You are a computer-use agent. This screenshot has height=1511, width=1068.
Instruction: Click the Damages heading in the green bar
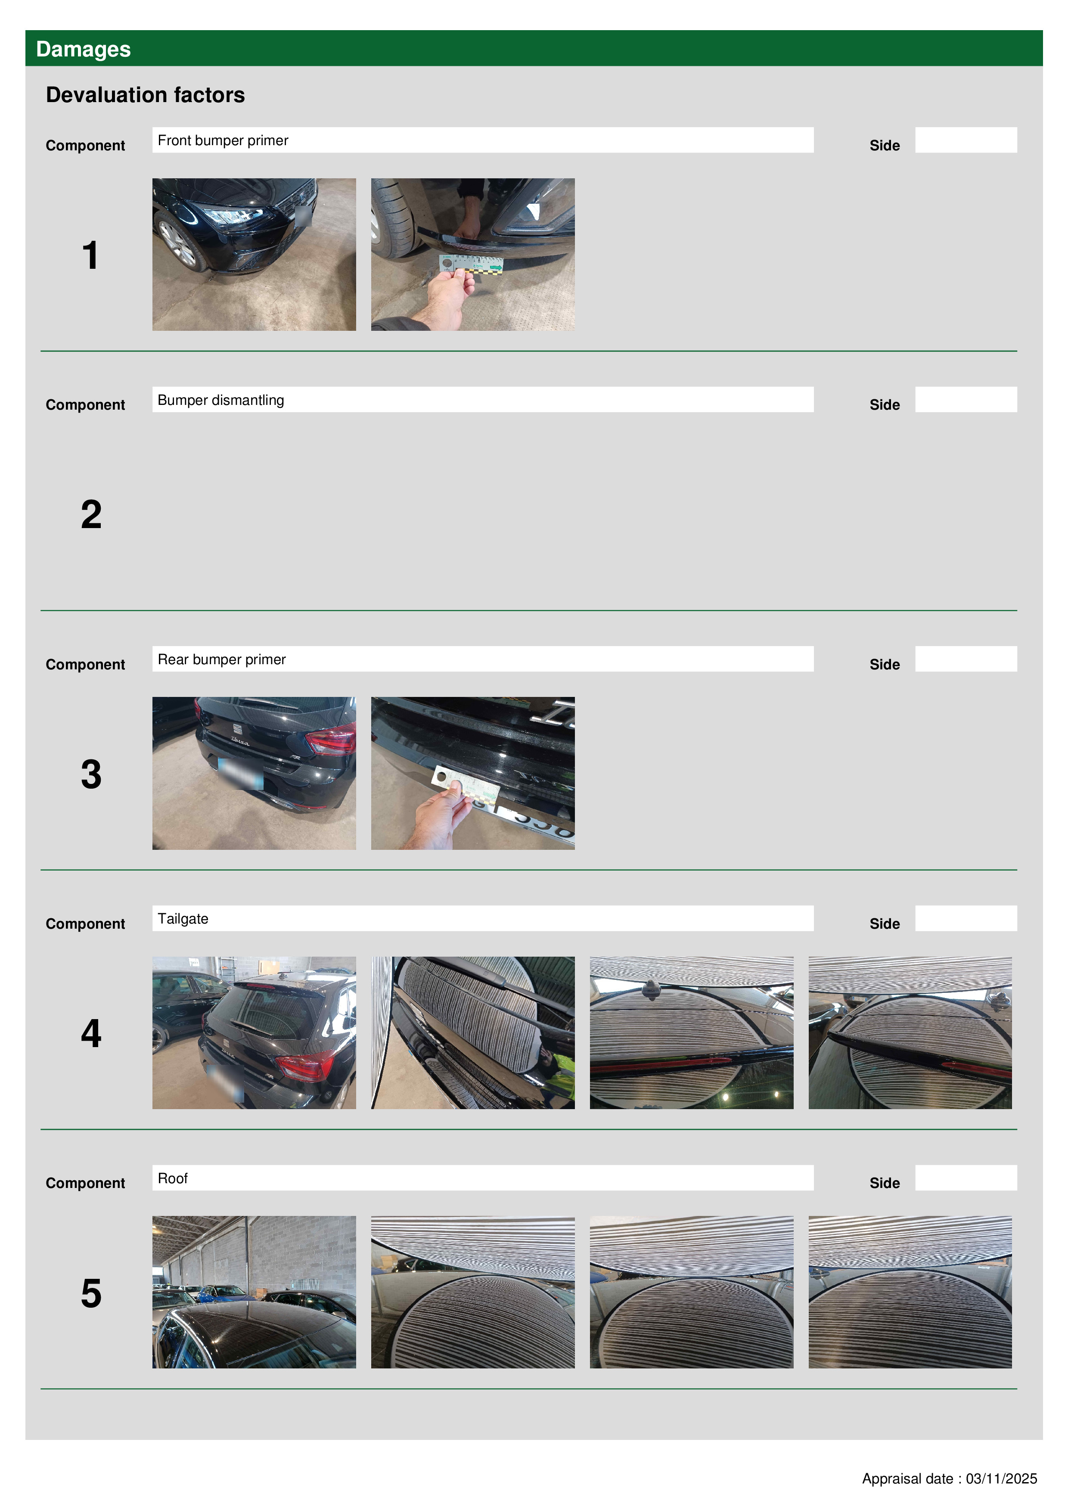[x=84, y=50]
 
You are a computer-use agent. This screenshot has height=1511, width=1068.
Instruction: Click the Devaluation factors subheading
[x=146, y=95]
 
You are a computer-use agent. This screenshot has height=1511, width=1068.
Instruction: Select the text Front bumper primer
[x=223, y=141]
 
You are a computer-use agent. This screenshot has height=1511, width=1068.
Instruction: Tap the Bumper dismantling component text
[x=221, y=400]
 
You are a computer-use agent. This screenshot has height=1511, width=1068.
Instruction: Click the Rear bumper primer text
[x=222, y=659]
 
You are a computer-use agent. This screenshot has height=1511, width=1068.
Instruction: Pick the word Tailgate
[x=183, y=919]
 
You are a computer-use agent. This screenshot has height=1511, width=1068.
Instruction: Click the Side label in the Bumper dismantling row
[x=885, y=405]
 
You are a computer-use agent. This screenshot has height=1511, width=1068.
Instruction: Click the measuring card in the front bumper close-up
[x=471, y=264]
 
